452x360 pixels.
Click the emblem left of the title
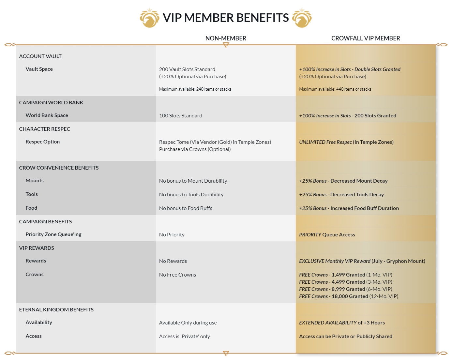149,18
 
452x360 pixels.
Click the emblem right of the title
302,18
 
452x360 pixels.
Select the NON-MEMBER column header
226,38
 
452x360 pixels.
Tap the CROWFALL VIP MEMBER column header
366,38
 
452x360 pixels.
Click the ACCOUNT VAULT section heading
40,56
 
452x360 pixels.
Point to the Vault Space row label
39,69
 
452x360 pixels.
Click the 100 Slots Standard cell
181,116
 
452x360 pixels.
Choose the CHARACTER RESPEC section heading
45,129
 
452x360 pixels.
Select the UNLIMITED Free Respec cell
346,142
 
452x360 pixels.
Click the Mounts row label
35,181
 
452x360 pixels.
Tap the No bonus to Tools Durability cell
191,195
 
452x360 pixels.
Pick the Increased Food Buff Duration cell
349,208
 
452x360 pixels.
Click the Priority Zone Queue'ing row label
53,234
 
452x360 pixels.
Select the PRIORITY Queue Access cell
327,235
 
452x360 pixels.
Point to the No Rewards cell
173,261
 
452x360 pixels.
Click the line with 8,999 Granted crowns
346,289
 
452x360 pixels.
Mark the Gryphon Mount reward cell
362,261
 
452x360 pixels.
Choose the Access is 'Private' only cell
185,337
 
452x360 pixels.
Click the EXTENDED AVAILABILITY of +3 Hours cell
342,323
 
